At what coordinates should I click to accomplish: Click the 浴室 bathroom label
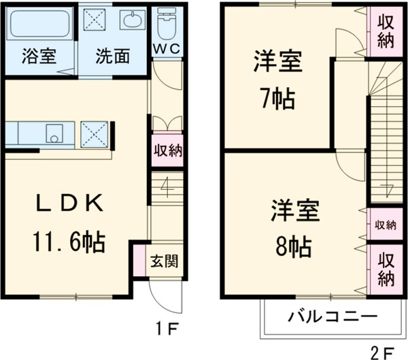(38, 56)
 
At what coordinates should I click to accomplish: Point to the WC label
(165, 48)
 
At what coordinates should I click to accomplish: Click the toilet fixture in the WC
(165, 26)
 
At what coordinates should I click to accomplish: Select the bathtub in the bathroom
(38, 25)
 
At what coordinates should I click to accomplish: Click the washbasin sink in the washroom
(131, 20)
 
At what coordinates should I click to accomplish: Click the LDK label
(68, 203)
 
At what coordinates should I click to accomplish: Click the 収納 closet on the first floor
(166, 150)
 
